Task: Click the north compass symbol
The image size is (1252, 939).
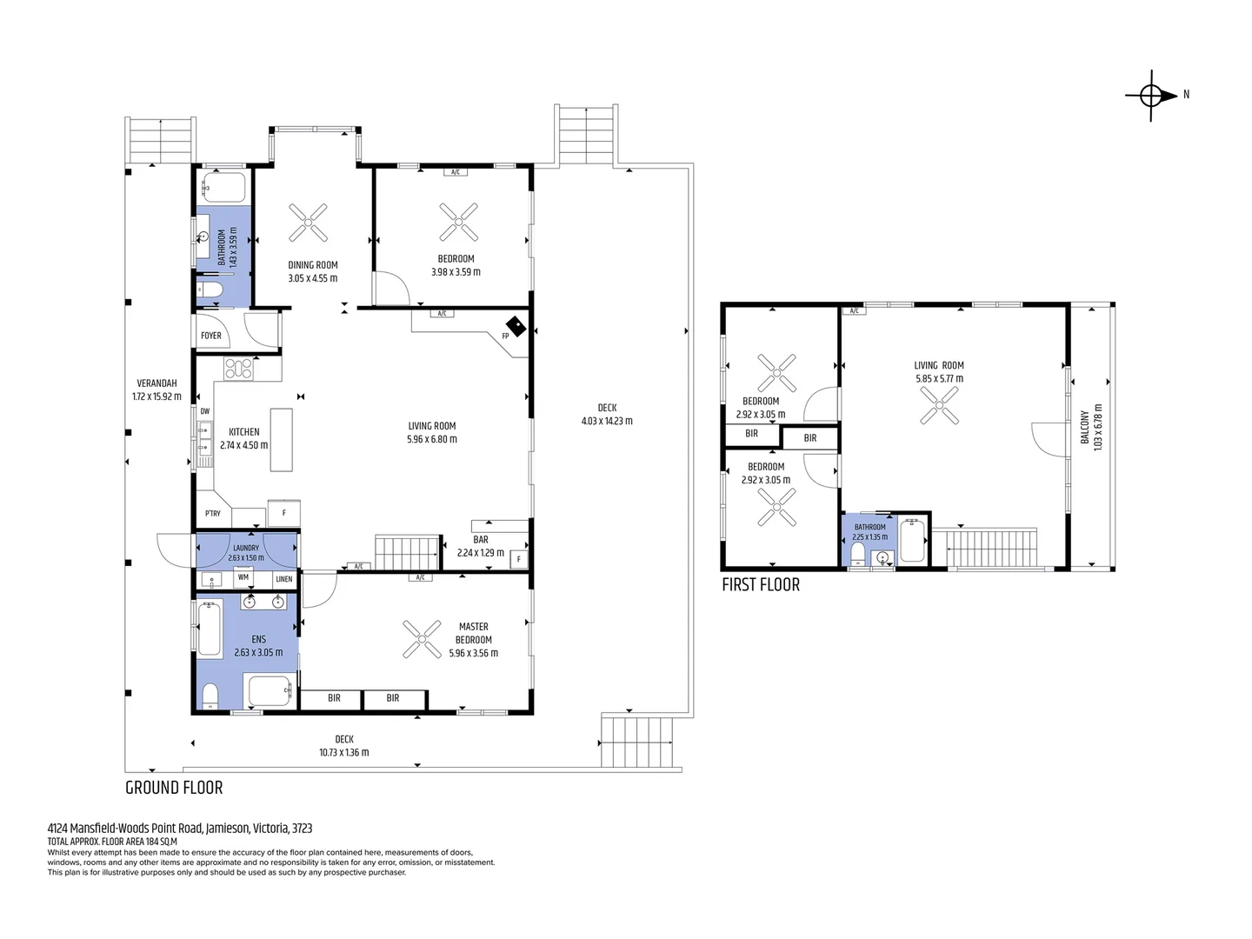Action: (1151, 96)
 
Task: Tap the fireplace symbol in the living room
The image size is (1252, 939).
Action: (516, 327)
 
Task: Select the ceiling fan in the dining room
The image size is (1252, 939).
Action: (308, 223)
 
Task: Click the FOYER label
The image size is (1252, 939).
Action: (211, 336)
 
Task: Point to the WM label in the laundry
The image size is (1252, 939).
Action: (243, 577)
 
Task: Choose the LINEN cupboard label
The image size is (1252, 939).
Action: (284, 579)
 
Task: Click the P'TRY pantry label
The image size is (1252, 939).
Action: (213, 513)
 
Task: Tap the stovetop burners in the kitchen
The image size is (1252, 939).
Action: (238, 369)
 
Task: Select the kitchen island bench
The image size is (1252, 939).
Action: (281, 440)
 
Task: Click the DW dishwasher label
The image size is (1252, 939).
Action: (205, 411)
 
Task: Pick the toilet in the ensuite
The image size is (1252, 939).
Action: (210, 696)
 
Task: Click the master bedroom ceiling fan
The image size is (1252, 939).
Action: (422, 639)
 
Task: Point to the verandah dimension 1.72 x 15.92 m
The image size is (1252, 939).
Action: (156, 396)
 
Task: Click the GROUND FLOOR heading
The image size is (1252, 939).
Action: (174, 788)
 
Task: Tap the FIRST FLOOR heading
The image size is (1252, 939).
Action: (761, 585)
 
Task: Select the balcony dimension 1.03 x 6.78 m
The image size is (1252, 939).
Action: (1098, 428)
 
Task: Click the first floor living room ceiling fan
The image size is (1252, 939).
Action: (939, 405)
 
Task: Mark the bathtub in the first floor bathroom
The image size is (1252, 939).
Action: (913, 540)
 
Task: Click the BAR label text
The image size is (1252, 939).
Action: (481, 539)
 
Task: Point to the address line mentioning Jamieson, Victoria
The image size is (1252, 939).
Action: (180, 828)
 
